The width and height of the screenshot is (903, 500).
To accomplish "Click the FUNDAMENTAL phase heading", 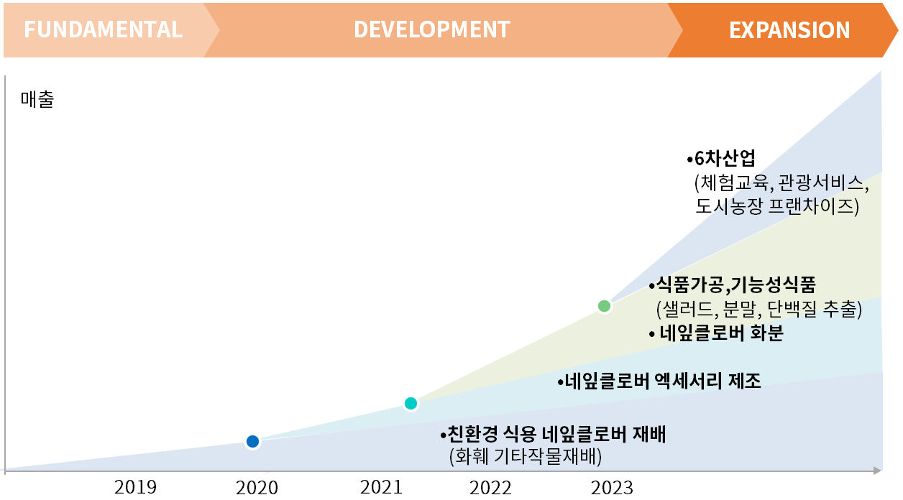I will (103, 29).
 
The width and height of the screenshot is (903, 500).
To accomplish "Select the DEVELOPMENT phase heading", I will (431, 29).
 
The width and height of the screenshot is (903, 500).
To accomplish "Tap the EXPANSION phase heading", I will (789, 30).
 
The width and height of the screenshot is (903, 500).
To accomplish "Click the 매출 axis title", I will (37, 99).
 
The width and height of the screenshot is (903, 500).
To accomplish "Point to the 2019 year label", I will (135, 487).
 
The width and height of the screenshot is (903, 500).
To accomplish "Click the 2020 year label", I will (257, 488).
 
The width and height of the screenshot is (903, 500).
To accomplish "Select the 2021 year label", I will (382, 487).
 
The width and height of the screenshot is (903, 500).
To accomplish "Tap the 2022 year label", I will (491, 488).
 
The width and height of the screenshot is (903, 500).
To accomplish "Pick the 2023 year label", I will (613, 488).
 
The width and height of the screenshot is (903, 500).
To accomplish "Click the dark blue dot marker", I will (252, 441).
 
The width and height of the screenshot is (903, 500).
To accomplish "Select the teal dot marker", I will (411, 403).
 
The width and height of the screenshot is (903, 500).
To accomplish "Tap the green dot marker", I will (604, 306).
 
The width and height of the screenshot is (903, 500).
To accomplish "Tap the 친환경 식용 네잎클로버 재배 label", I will (554, 435).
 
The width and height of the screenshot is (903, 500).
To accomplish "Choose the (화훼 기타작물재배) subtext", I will (525, 456).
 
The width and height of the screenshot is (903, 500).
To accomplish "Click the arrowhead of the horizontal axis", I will (877, 471).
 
